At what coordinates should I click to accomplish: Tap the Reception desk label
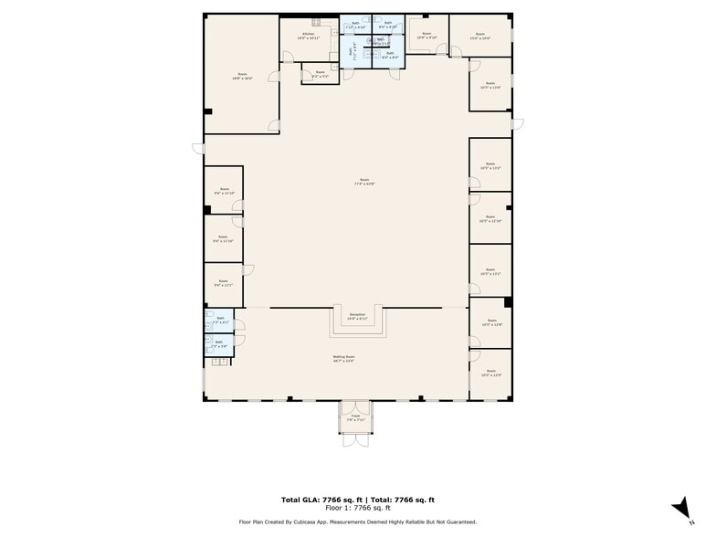tap(357, 317)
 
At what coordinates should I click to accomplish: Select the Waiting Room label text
tap(343, 358)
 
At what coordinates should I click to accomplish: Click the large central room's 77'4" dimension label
tap(364, 184)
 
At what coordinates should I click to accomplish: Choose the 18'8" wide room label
tap(242, 76)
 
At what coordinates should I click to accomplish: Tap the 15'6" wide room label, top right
tap(479, 37)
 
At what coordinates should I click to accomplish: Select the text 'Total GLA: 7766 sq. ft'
tap(321, 500)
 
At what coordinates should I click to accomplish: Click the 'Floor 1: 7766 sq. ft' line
tap(358, 508)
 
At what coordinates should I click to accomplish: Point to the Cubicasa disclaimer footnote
tap(358, 521)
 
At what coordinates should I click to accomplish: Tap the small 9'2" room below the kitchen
tap(320, 74)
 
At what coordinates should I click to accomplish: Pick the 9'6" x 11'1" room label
tap(223, 284)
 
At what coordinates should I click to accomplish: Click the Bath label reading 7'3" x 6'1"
tap(220, 321)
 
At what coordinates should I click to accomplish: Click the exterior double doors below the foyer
tap(355, 437)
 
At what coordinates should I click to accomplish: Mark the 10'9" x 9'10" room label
tap(426, 37)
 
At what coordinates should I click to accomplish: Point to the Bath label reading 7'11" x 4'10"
tap(355, 26)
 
